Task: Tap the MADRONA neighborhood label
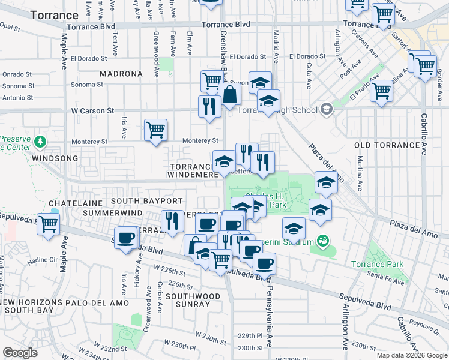pos(123,74)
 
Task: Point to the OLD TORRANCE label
pos(387,145)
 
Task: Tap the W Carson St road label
pos(92,111)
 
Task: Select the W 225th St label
pos(166,268)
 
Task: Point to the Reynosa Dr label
pos(427,324)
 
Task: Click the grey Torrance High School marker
pos(326,109)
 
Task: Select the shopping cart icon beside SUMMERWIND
pos(48,224)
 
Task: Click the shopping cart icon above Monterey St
pos(155,129)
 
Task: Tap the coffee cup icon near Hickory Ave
pos(125,238)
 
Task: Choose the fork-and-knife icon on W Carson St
pos(209,106)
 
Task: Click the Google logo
pos(20,353)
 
